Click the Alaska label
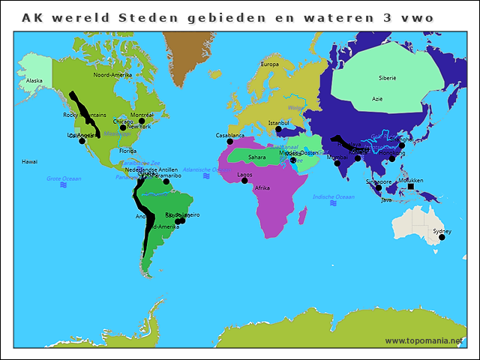click(34, 80)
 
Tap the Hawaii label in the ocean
click(29, 161)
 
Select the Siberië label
click(387, 77)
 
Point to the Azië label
click(376, 98)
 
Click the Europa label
click(269, 64)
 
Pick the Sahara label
click(256, 157)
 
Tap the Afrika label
click(262, 187)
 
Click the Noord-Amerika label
click(112, 75)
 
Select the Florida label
click(128, 151)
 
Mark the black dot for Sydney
click(442, 237)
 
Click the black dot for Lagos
click(244, 181)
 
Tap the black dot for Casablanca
click(230, 142)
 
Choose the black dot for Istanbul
click(278, 129)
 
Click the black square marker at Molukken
click(410, 187)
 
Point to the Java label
click(386, 200)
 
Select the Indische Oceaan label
click(334, 196)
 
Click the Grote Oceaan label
click(64, 178)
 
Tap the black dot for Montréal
click(142, 121)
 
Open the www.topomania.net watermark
click(424, 340)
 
